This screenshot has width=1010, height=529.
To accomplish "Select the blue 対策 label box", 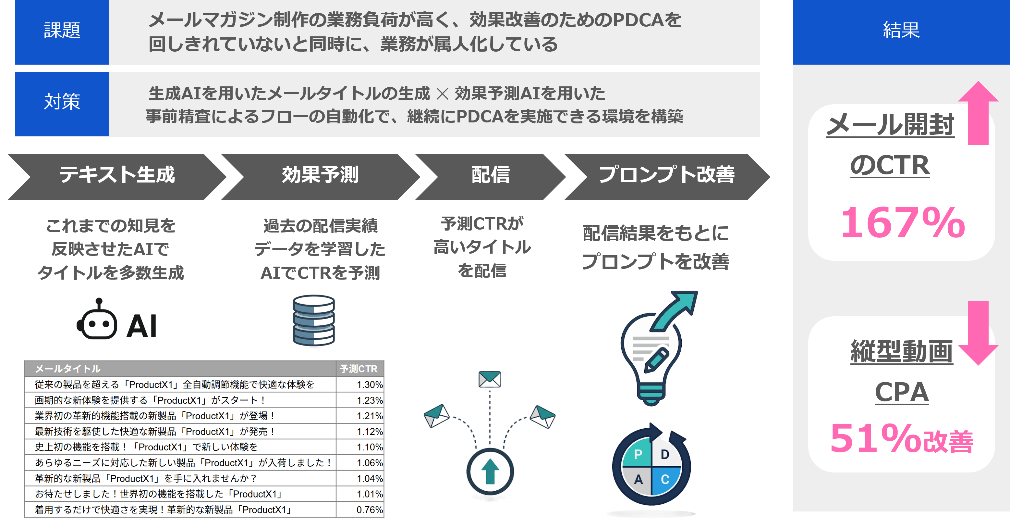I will [x=62, y=104].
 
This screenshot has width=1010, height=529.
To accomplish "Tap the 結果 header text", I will [x=901, y=31].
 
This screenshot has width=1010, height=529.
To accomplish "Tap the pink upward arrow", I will [x=978, y=114].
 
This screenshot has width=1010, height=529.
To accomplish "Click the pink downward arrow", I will [x=978, y=334].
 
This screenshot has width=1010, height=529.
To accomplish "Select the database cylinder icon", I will [x=314, y=320].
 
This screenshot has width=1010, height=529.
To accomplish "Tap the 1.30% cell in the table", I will [x=369, y=384].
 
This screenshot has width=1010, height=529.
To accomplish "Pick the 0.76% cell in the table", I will [x=369, y=510].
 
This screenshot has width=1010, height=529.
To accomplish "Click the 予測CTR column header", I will [x=359, y=369].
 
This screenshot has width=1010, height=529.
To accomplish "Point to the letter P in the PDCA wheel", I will [x=638, y=454].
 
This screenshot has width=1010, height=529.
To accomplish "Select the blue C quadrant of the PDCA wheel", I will [x=665, y=480].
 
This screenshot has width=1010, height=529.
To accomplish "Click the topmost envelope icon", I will [x=490, y=379].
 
